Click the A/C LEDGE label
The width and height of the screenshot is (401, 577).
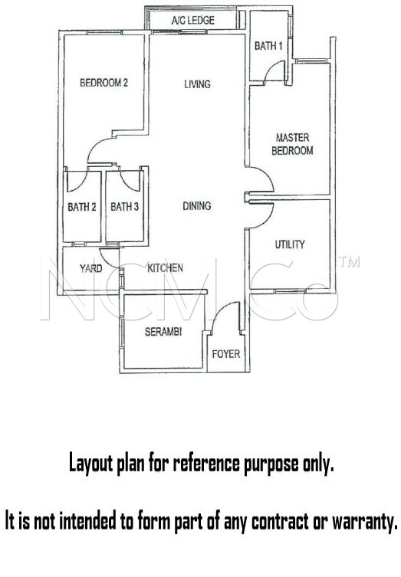(193, 20)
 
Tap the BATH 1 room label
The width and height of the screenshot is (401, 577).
(268, 46)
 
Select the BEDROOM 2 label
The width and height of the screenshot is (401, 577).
(104, 83)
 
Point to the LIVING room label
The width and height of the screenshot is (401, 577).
(197, 84)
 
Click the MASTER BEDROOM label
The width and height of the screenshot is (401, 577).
(292, 144)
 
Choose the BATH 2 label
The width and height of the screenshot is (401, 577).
(82, 207)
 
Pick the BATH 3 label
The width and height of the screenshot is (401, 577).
(124, 206)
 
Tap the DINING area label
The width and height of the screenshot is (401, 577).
(197, 205)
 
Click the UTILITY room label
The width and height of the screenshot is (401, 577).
(290, 244)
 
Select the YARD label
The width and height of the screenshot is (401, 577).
(91, 268)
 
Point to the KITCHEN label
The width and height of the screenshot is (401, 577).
(165, 268)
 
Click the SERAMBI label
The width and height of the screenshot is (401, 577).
(163, 332)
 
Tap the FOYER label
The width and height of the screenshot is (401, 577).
(226, 354)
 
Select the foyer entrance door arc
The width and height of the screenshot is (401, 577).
(221, 310)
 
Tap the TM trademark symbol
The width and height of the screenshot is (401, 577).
(349, 261)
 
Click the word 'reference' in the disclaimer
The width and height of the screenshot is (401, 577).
(205, 464)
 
